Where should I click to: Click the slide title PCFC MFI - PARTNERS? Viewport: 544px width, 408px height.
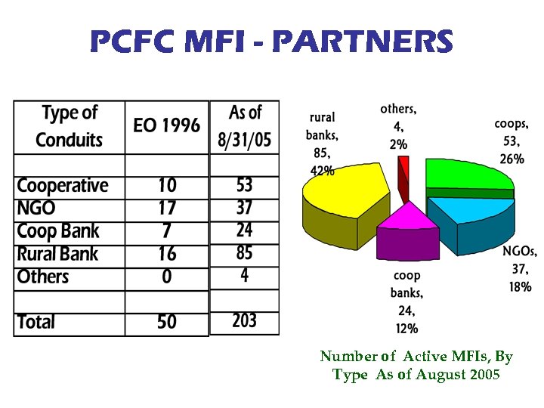click(271, 42)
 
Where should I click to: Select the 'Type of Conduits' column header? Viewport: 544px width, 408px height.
click(70, 126)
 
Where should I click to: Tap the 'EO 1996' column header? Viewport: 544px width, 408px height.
click(166, 125)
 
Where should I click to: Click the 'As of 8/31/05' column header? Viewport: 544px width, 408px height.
click(244, 126)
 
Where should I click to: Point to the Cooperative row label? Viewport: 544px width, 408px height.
click(63, 186)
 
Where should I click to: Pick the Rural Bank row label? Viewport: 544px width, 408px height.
click(57, 254)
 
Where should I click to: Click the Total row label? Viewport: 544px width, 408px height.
click(36, 322)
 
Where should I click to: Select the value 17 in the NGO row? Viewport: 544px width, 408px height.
click(166, 208)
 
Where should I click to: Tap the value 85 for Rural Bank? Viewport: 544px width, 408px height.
click(244, 252)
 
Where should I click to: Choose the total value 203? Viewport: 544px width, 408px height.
click(244, 321)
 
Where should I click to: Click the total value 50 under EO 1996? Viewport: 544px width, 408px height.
click(166, 322)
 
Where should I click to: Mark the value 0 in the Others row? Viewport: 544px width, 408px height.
click(166, 277)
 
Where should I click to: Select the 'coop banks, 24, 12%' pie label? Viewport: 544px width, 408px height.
click(406, 301)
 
